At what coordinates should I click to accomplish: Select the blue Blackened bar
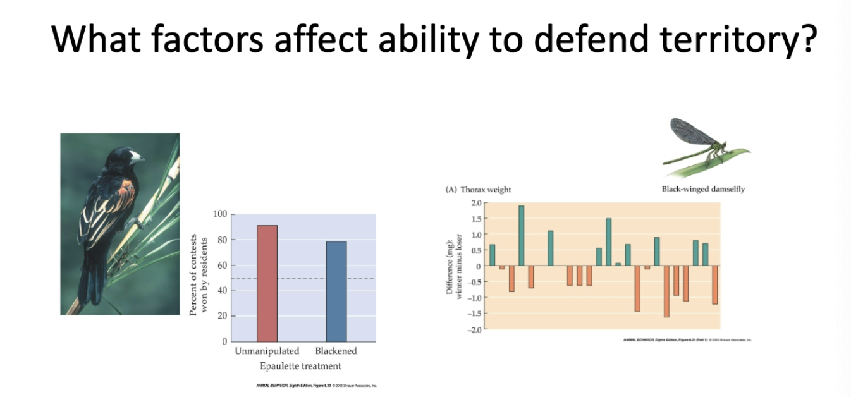pyautogui.click(x=336, y=291)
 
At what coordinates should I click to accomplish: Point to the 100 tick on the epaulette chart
pyautogui.click(x=219, y=214)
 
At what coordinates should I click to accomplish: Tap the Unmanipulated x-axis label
pyautogui.click(x=267, y=351)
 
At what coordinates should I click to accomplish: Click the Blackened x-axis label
pyautogui.click(x=336, y=351)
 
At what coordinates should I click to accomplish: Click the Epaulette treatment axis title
pyautogui.click(x=300, y=366)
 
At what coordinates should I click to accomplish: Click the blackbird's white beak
pyautogui.click(x=135, y=156)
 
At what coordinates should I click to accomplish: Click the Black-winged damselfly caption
pyautogui.click(x=703, y=190)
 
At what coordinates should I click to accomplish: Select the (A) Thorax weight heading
pyautogui.click(x=479, y=190)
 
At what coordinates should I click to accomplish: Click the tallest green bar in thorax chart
pyautogui.click(x=522, y=235)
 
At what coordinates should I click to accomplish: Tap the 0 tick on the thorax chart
pyautogui.click(x=479, y=266)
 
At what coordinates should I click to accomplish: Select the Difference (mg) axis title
pyautogui.click(x=453, y=266)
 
